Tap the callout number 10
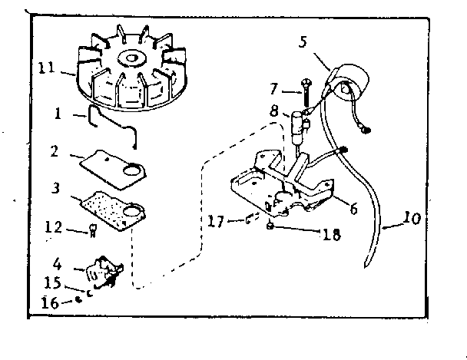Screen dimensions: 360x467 (x=412, y=219)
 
